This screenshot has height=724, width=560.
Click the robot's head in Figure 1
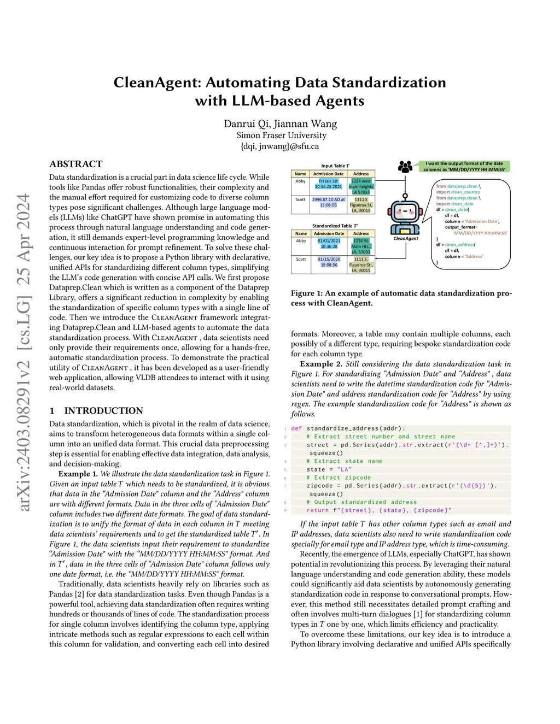click(405, 211)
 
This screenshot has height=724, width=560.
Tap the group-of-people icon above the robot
click(405, 167)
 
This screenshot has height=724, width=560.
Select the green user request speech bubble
click(464, 166)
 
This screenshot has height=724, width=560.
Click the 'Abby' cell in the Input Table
click(301, 181)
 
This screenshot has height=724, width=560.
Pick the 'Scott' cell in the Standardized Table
click(301, 259)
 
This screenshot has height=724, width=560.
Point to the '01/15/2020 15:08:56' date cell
click(329, 262)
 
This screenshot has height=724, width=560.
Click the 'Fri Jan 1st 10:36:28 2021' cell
click(328, 184)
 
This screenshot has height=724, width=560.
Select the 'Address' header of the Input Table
click(361, 174)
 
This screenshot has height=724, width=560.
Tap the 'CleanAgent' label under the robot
click(406, 238)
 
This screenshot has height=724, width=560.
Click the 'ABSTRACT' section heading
click(76, 164)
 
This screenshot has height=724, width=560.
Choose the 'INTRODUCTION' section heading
click(103, 411)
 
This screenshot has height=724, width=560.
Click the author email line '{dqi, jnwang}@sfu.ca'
click(279, 146)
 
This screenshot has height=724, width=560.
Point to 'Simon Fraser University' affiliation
click(281, 135)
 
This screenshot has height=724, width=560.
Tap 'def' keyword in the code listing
click(296, 428)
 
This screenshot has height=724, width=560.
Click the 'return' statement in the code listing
click(318, 510)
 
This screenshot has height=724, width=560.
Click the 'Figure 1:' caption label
click(307, 293)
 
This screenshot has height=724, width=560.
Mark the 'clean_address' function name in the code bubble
click(459, 245)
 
